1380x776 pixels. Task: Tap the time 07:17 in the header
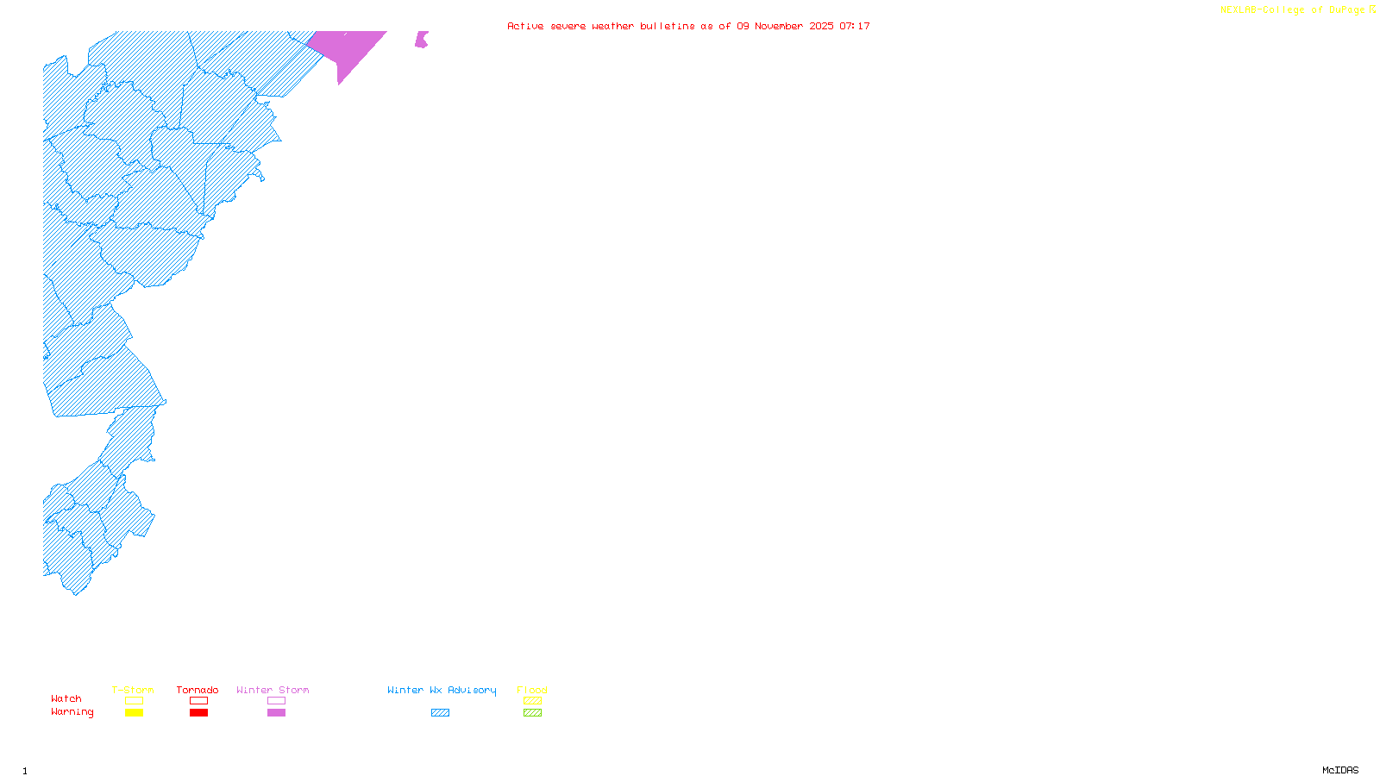click(x=855, y=26)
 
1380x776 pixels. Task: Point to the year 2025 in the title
click(x=821, y=26)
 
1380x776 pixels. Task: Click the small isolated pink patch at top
click(x=421, y=40)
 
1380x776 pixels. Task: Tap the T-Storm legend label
click(x=133, y=690)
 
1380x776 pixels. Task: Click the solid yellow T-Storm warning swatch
click(x=134, y=713)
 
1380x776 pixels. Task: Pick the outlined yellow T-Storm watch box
click(x=134, y=701)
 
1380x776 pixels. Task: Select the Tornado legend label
click(x=198, y=690)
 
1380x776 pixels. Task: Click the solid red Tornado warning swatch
click(x=198, y=713)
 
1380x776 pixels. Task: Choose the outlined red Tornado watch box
click(x=198, y=701)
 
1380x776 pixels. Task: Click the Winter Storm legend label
click(x=273, y=690)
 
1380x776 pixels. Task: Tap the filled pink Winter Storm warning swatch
click(x=276, y=713)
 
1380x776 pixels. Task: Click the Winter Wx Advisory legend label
click(x=442, y=690)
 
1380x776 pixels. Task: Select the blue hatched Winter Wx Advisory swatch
click(x=440, y=713)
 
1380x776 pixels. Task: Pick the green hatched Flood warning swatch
click(x=532, y=713)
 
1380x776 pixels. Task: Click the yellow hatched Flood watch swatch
click(x=532, y=701)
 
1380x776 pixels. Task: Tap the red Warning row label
click(x=72, y=712)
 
